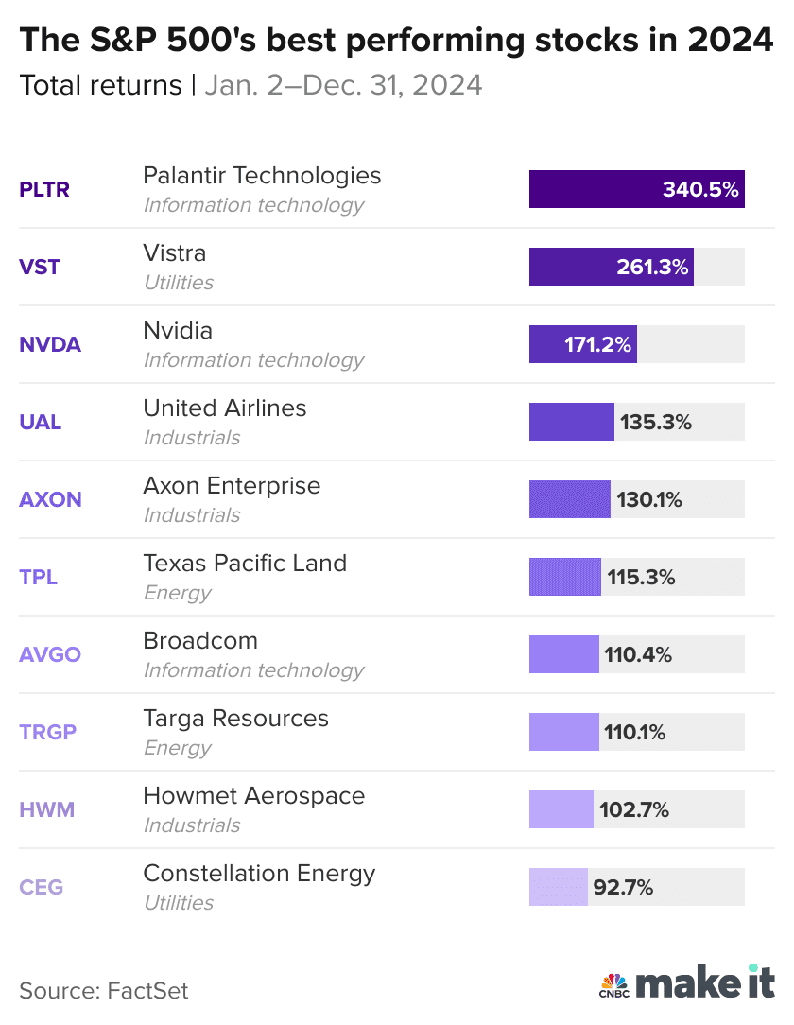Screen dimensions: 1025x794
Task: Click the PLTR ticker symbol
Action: click(44, 189)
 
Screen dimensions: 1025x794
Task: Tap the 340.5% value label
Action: click(700, 189)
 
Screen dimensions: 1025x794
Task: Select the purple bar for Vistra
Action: click(611, 267)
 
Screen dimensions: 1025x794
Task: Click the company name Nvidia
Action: click(178, 331)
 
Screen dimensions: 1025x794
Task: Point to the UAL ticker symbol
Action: click(41, 422)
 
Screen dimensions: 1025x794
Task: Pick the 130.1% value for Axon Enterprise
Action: click(649, 499)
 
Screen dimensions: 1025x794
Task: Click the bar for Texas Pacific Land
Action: click(564, 577)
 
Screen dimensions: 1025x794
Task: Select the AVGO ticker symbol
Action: click(50, 654)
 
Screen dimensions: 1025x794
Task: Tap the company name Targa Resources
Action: click(235, 719)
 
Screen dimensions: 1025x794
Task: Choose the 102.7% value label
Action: click(634, 809)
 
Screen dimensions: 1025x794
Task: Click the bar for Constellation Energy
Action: click(558, 887)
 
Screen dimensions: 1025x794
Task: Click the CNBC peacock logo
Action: click(614, 984)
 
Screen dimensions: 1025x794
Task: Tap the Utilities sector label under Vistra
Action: click(179, 283)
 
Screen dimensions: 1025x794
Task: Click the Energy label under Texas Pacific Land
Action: click(177, 593)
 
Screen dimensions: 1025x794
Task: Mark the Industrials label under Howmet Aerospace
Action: click(192, 825)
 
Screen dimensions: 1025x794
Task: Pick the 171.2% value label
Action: click(598, 344)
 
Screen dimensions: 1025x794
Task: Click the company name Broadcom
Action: click(200, 641)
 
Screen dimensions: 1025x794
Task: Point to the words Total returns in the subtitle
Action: click(100, 85)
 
